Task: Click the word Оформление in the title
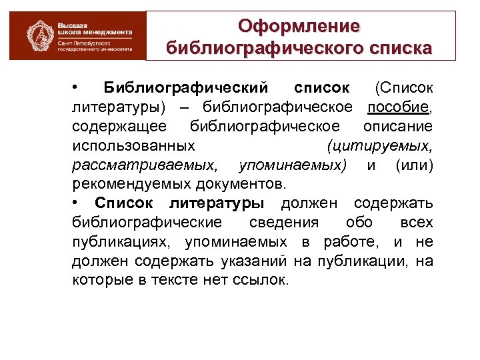299,26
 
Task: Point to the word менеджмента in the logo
107,31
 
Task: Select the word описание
398,127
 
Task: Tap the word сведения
283,222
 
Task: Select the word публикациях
115,241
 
